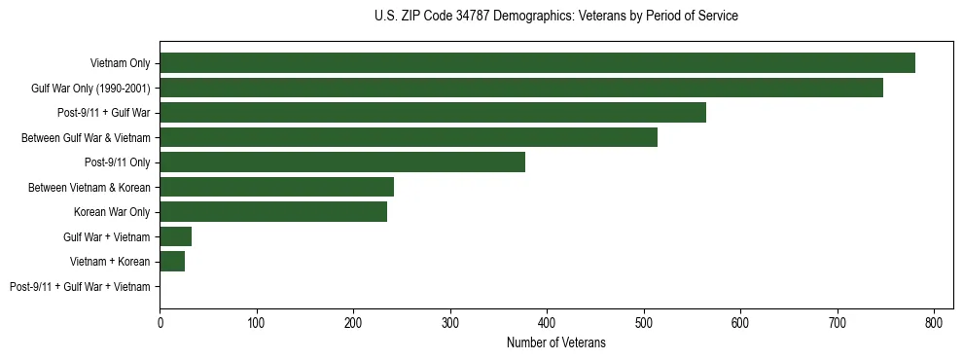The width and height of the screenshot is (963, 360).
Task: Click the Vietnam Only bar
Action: pyautogui.click(x=537, y=63)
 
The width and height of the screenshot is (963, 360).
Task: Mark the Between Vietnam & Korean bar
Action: pyautogui.click(x=277, y=187)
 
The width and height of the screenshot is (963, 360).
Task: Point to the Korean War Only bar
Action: pyautogui.click(x=273, y=212)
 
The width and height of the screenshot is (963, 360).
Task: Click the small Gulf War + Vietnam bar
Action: pyautogui.click(x=176, y=236)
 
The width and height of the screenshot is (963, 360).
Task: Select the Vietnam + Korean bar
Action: pyautogui.click(x=172, y=261)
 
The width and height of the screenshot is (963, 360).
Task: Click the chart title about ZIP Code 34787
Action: pyautogui.click(x=555, y=17)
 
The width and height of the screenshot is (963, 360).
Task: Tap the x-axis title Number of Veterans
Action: pyautogui.click(x=555, y=342)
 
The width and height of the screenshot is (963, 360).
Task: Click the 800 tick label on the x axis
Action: pyautogui.click(x=934, y=322)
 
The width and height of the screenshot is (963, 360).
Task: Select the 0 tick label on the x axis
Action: pyautogui.click(x=160, y=322)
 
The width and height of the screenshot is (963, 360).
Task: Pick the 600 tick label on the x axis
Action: pyautogui.click(x=740, y=322)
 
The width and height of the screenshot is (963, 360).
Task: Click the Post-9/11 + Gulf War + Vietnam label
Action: pyautogui.click(x=80, y=286)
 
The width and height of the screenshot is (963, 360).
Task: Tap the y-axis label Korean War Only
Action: pyautogui.click(x=112, y=212)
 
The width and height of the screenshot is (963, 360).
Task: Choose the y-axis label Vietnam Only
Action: pyautogui.click(x=120, y=63)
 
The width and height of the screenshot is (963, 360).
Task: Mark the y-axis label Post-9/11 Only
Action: pyautogui.click(x=117, y=162)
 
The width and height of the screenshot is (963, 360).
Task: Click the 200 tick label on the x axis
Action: pyautogui.click(x=353, y=322)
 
